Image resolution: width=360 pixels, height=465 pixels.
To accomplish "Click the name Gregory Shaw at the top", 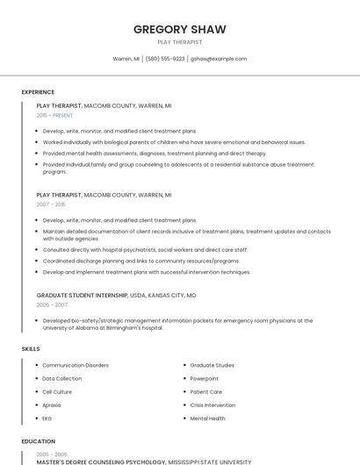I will tap(179, 29).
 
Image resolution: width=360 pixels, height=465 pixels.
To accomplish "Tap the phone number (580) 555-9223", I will tap(165, 59).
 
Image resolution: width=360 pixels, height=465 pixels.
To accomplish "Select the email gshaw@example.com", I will tap(219, 59).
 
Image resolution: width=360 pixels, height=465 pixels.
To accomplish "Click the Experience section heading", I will tap(38, 92).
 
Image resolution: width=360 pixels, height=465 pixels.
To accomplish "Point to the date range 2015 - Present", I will tap(54, 115).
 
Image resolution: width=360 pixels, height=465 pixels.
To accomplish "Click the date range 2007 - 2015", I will tap(51, 204).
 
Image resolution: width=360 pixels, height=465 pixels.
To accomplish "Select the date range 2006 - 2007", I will tap(52, 305).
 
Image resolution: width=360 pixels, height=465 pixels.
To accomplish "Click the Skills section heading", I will tap(31, 349).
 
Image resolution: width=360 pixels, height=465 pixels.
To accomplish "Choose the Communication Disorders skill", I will tap(76, 365).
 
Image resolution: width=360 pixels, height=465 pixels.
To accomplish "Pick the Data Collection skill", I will tap(61, 378).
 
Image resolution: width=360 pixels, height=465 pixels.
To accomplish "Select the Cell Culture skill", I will tap(57, 391).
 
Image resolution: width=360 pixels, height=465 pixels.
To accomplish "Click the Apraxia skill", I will tap(52, 405).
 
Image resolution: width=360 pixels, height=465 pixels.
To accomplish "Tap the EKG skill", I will tap(47, 418).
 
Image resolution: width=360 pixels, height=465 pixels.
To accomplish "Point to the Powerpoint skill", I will tap(205, 378).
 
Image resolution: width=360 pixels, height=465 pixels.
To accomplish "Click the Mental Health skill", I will tap(207, 418).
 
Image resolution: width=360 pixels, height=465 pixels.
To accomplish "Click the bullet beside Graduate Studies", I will tap(184, 365).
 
